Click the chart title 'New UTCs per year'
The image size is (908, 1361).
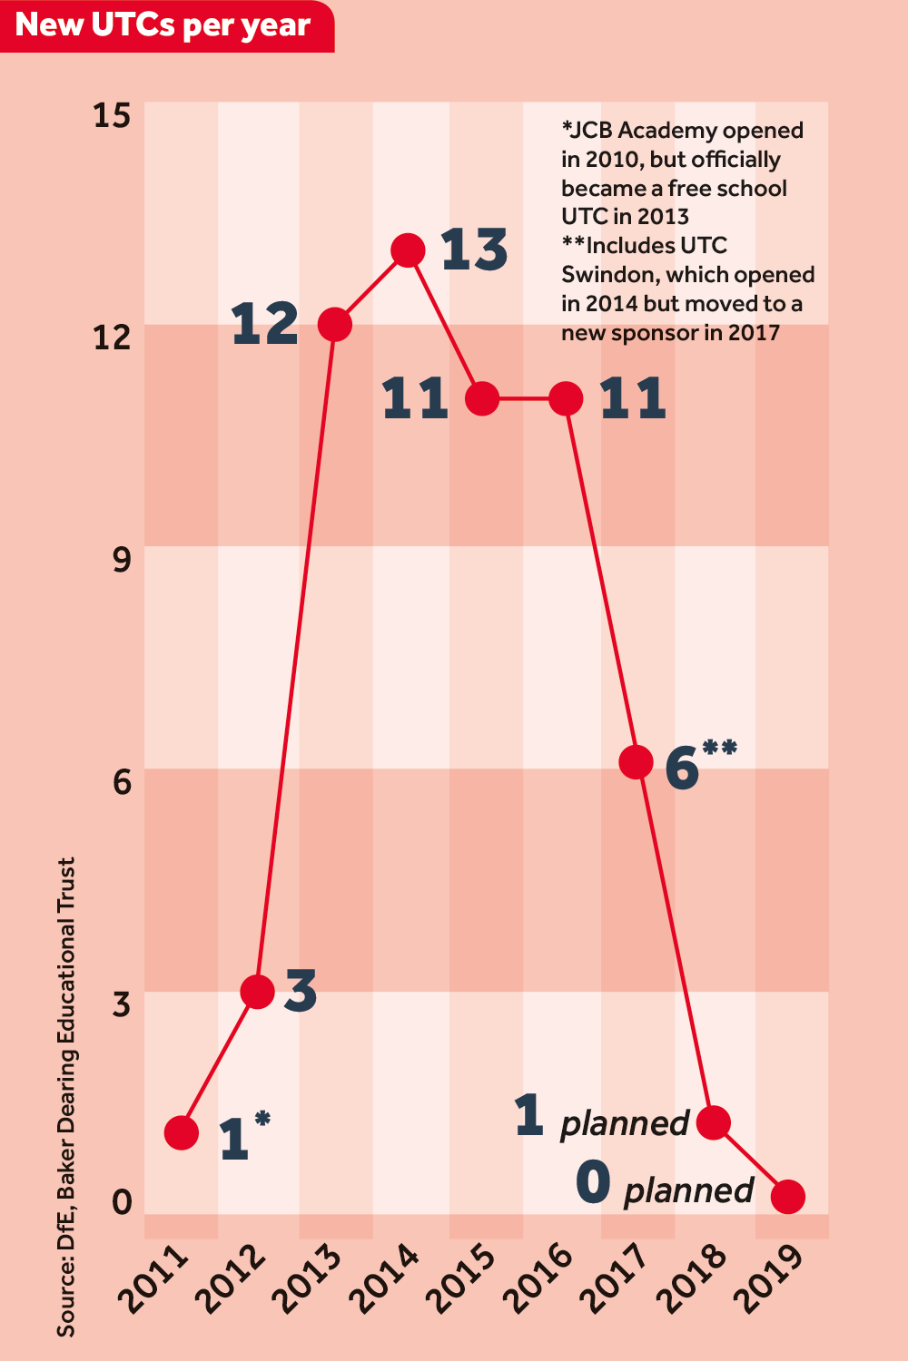(x=163, y=25)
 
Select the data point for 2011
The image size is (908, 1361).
(x=182, y=1132)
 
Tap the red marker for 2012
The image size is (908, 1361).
(x=258, y=991)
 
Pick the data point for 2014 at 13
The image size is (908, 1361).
(x=409, y=250)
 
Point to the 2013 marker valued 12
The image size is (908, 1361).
(x=335, y=324)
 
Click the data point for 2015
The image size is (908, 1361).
(x=482, y=398)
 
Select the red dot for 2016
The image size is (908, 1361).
(x=567, y=398)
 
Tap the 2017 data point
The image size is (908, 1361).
(x=636, y=762)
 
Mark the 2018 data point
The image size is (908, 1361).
(x=714, y=1123)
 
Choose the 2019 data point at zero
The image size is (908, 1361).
(x=787, y=1197)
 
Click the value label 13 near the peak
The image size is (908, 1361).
(x=474, y=250)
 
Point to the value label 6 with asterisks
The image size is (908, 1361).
(x=699, y=764)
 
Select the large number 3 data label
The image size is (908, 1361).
(x=301, y=991)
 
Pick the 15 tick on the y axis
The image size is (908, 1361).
(x=112, y=116)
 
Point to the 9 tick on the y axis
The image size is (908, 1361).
(x=122, y=560)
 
